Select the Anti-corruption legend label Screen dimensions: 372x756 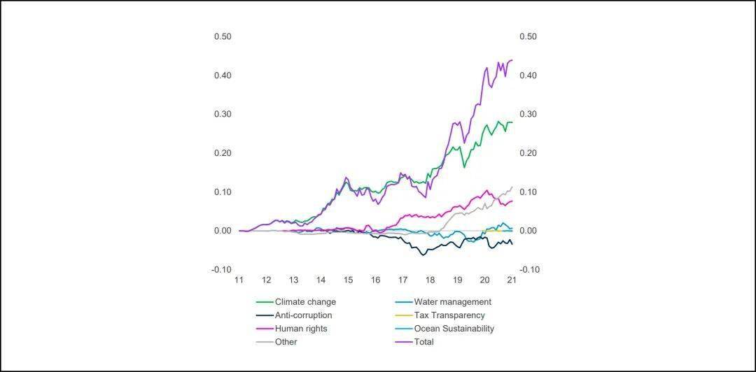pos(303,315)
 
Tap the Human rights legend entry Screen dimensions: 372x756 pos(301,329)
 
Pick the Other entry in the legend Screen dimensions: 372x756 pos(286,342)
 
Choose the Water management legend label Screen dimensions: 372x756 pos(452,302)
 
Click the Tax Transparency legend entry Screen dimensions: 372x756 pos(449,315)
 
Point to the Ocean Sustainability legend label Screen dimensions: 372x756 pos(454,329)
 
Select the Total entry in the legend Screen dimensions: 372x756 pos(423,342)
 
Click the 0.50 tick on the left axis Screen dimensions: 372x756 pos(223,36)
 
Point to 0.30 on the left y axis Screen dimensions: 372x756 pos(223,114)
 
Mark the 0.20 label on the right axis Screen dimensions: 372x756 pos(528,153)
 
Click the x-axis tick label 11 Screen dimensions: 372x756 pos(239,280)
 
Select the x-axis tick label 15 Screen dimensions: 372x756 pos(348,280)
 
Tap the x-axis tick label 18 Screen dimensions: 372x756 pos(430,280)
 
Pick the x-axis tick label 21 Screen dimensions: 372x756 pos(512,280)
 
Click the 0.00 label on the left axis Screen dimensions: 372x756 pos(223,231)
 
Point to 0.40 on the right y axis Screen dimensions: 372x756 pos(528,76)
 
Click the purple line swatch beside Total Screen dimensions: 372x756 pos(403,342)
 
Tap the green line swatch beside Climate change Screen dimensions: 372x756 pos(264,302)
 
